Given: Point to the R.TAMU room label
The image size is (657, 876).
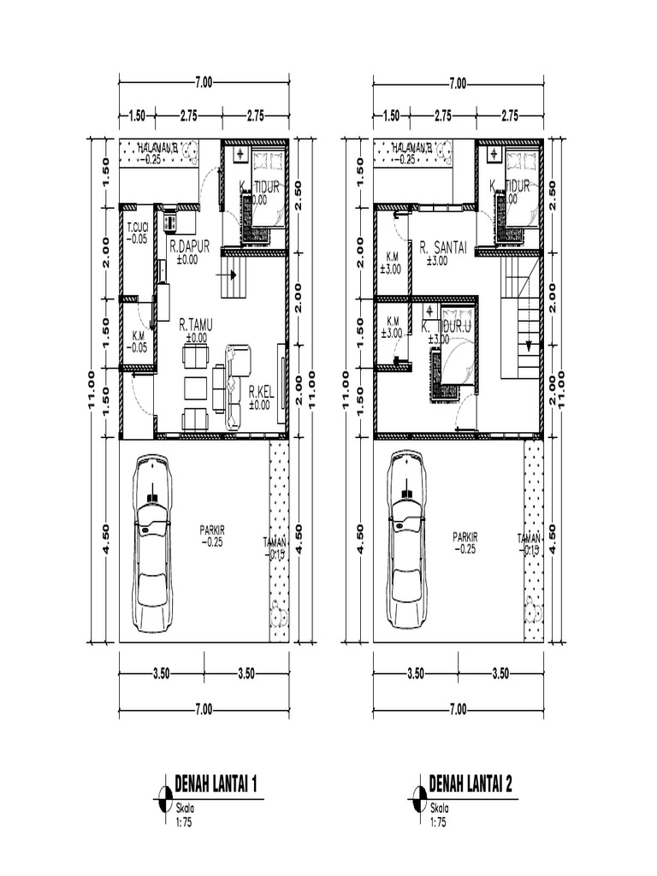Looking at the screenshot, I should click(x=196, y=325).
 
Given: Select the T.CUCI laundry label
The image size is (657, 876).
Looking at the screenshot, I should click(x=137, y=228).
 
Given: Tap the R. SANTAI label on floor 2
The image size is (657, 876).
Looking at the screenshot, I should click(x=442, y=247).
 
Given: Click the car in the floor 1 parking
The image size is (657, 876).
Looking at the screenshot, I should click(x=151, y=543).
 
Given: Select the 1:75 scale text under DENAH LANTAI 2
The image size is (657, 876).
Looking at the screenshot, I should click(x=438, y=823).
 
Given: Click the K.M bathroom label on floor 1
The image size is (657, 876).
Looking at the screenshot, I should click(x=137, y=336).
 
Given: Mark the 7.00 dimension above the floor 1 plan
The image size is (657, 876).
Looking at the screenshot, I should click(x=204, y=83).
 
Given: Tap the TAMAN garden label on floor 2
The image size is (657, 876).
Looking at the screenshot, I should click(x=529, y=539).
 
